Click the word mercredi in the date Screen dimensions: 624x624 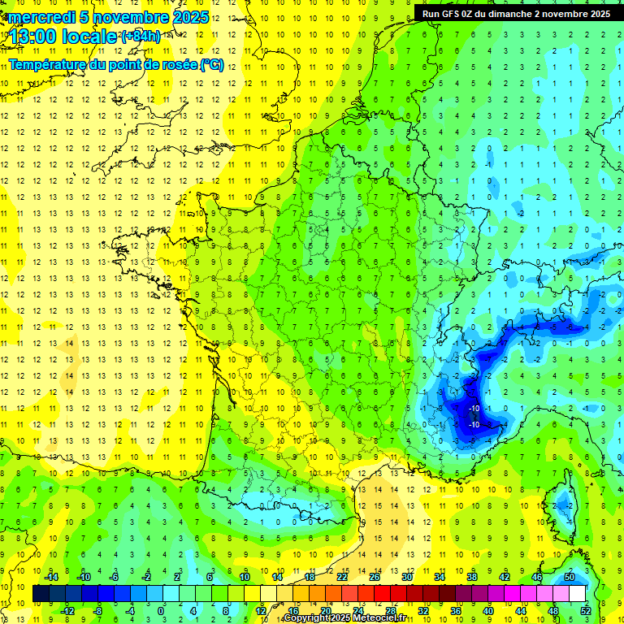[37, 17]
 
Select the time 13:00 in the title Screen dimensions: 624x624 [32, 36]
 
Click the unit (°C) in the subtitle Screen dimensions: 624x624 [211, 64]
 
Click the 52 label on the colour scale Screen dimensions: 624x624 [586, 610]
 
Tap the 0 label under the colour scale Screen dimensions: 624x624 [161, 610]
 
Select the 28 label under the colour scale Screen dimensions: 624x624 [391, 610]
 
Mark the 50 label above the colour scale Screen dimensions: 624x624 [570, 576]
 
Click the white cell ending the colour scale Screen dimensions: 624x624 [578, 593]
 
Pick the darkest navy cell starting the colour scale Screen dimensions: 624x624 [41, 593]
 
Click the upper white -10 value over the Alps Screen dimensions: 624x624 [474, 407]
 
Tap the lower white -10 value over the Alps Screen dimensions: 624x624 [474, 424]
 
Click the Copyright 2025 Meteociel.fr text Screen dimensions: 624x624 [345, 618]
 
